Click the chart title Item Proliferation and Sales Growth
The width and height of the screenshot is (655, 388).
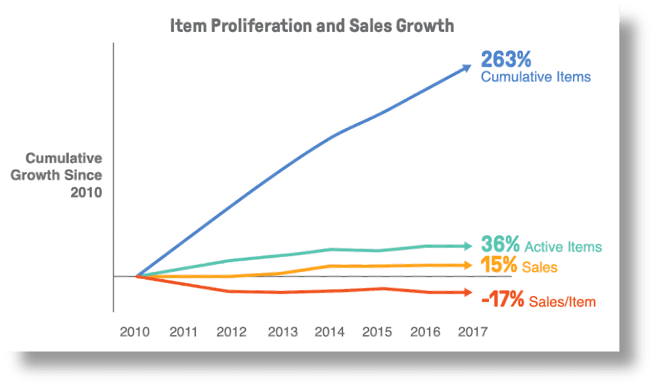pos(311,27)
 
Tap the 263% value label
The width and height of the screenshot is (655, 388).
pos(507,59)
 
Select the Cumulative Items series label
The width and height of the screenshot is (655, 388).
pos(536,77)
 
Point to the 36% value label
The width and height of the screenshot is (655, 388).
pos(500,245)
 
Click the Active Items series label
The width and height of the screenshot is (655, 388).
pos(563,247)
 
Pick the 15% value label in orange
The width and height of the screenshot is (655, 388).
pos(499,265)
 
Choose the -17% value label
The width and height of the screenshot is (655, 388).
pos(502,300)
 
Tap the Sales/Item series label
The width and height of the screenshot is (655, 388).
pos(563,302)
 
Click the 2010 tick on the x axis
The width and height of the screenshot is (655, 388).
pos(135,332)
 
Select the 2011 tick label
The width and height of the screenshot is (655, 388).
pos(184,332)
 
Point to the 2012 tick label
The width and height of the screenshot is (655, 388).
pos(232,332)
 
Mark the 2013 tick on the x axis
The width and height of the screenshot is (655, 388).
pos(283,332)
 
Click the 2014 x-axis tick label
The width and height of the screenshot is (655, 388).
pos(329,332)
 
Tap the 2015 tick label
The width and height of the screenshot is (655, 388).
pos(377,332)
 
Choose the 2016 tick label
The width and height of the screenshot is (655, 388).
pos(426,332)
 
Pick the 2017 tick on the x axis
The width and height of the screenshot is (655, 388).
pos(473,332)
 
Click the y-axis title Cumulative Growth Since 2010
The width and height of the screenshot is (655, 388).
pos(64,175)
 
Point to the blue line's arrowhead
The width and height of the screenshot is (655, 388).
pos(466,67)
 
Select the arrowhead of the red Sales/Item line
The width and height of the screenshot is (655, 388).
pos(467,293)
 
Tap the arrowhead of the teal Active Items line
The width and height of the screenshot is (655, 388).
pos(467,246)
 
